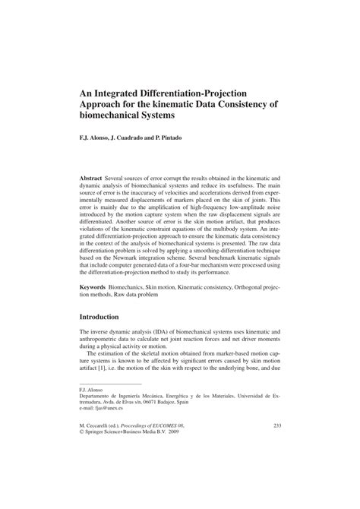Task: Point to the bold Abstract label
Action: click(95, 176)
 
